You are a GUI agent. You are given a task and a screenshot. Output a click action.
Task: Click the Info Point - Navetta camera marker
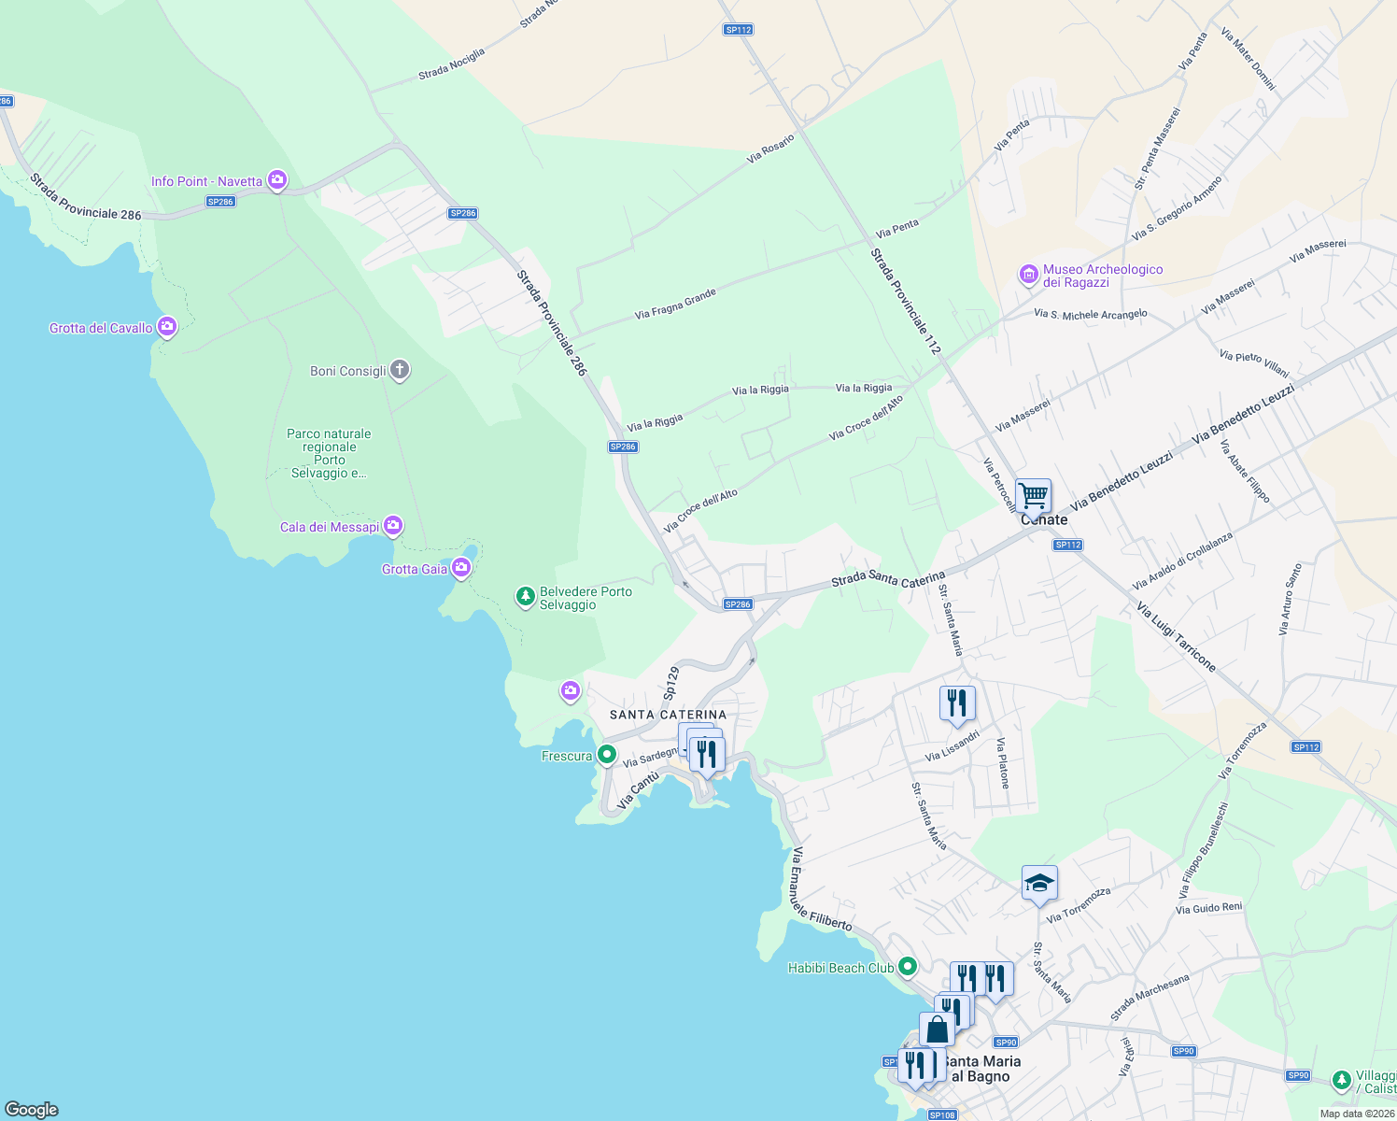coord(276,180)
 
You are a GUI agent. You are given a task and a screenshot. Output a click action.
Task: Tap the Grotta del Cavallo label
coord(101,328)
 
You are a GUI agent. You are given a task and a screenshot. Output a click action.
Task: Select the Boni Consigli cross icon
coord(400,370)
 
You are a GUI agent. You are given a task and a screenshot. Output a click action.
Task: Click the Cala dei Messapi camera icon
coord(394,526)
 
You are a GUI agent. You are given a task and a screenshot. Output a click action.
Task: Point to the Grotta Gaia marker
coord(461,568)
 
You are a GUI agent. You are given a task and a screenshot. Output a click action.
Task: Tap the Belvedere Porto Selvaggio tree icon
coord(526,595)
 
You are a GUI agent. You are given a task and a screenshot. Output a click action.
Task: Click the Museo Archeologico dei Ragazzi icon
coord(1028,275)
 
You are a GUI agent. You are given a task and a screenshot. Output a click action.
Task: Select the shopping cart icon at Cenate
coord(1033,495)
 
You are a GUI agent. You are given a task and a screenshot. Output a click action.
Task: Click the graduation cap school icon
coord(1039,883)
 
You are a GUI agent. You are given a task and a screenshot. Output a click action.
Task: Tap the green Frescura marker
coord(607,755)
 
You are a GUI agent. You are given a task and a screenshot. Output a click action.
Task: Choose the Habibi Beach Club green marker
coord(907,967)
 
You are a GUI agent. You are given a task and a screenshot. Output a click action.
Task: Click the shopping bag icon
coord(937,1029)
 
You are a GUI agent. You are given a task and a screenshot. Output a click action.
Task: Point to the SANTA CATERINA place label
coord(668,715)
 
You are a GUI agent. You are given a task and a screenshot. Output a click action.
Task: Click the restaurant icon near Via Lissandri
coord(957,702)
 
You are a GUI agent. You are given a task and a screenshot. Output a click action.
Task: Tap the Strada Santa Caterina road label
coord(888,579)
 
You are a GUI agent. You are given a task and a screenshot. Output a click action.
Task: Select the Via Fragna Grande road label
coord(675,304)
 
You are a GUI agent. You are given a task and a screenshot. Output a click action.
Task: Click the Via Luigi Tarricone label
coord(1177,637)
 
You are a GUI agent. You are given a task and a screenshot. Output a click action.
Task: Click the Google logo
coord(32,1109)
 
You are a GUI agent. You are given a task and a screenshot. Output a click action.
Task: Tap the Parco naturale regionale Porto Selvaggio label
coord(329,453)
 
